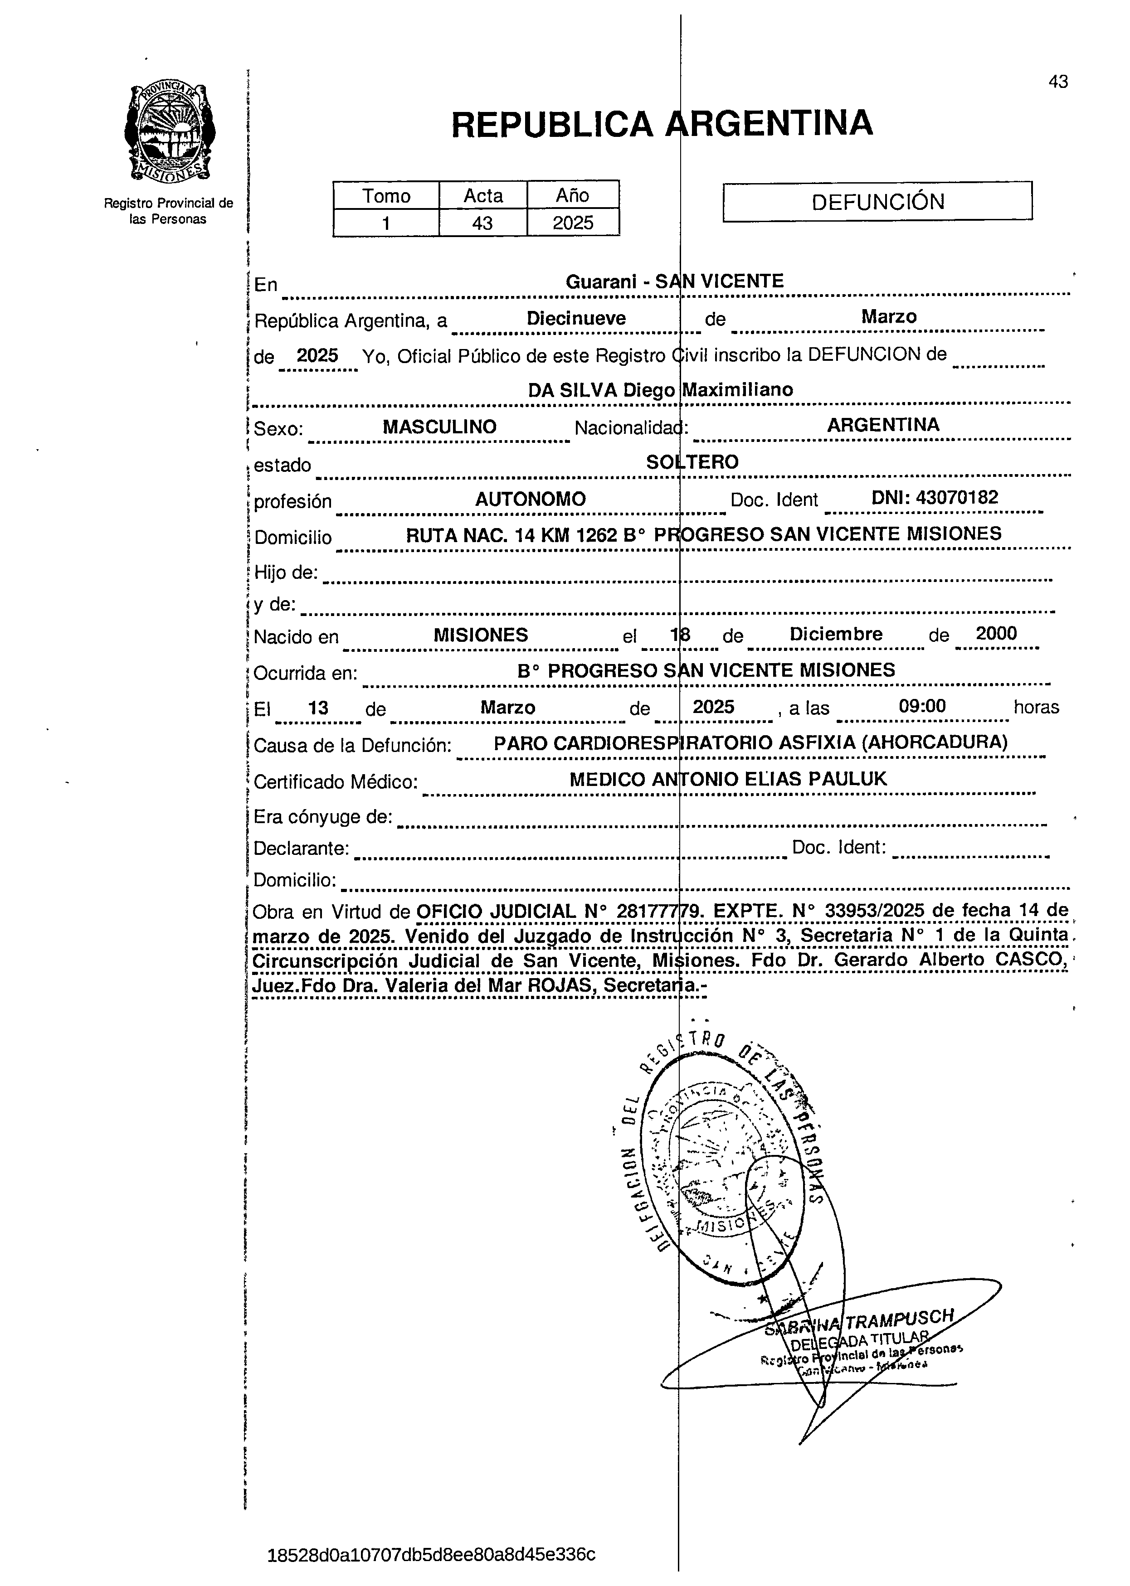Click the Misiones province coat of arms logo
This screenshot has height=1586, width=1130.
[x=169, y=132]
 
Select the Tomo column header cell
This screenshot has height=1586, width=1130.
[x=386, y=195]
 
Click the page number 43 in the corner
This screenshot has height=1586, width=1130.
[x=1057, y=82]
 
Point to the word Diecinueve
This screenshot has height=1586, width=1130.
[x=576, y=319]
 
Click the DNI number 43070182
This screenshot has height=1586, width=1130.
[x=935, y=497]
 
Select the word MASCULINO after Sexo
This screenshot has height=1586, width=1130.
[x=440, y=427]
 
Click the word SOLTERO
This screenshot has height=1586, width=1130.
[x=692, y=462]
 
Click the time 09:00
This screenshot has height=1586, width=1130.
[x=922, y=707]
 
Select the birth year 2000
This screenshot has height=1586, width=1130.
[x=996, y=634]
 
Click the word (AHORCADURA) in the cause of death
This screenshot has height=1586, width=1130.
[x=935, y=742]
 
